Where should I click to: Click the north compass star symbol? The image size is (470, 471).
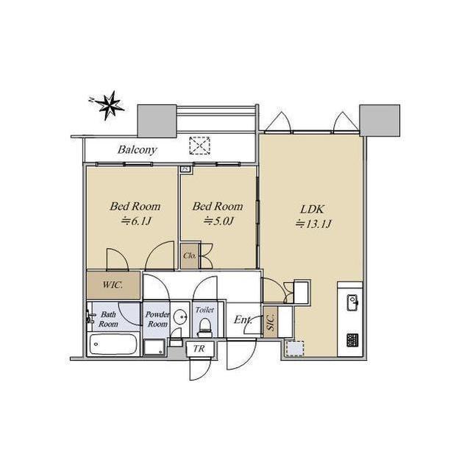[109, 105]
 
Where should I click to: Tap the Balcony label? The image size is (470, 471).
[137, 149]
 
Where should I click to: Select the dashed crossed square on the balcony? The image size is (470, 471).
[199, 146]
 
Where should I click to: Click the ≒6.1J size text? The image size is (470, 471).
[135, 222]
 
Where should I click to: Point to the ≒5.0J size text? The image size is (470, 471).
[218, 222]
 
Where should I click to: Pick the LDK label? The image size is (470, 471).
[312, 209]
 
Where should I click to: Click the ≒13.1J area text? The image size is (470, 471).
[313, 224]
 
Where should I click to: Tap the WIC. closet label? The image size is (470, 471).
[113, 285]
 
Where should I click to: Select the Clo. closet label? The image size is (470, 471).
[190, 255]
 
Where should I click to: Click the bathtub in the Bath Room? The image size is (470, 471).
[113, 344]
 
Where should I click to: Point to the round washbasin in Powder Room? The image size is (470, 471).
[180, 316]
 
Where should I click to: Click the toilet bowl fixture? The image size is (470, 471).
[205, 327]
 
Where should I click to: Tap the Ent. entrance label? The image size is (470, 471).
[243, 319]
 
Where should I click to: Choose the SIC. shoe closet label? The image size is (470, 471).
[271, 322]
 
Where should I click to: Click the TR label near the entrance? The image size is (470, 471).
[199, 348]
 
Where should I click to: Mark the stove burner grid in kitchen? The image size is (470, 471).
[352, 340]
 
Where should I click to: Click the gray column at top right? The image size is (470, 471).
[380, 120]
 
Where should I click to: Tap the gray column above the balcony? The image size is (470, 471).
[157, 121]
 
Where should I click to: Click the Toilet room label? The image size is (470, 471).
[204, 310]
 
